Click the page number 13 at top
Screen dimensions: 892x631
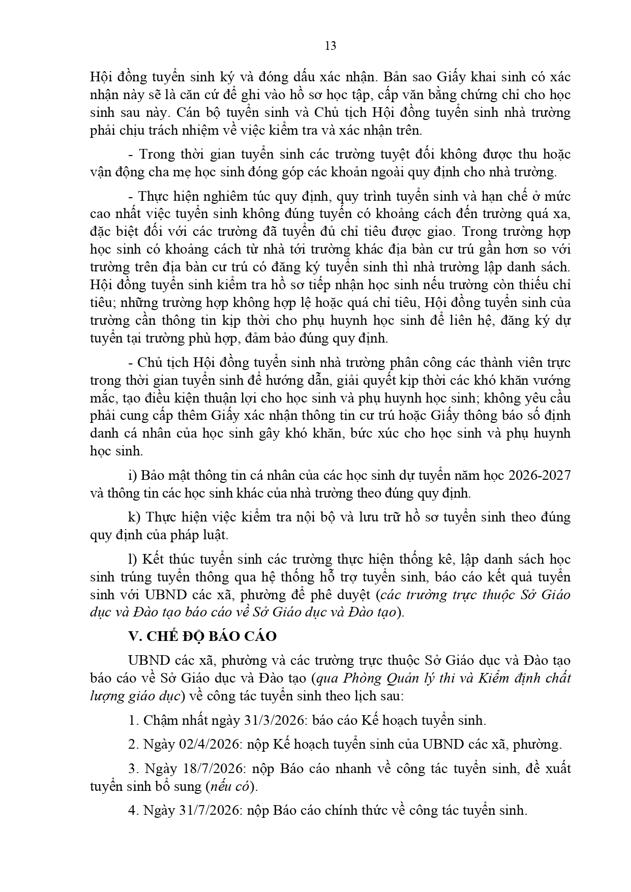pyautogui.click(x=330, y=46)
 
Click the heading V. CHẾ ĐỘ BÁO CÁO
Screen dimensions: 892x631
pyautogui.click(x=202, y=636)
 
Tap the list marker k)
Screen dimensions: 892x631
pyautogui.click(x=134, y=517)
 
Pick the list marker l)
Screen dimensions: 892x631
pyautogui.click(x=133, y=559)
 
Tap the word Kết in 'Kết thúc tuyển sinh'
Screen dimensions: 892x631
pyautogui.click(x=153, y=559)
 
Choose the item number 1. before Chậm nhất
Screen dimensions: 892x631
pyautogui.click(x=134, y=721)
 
